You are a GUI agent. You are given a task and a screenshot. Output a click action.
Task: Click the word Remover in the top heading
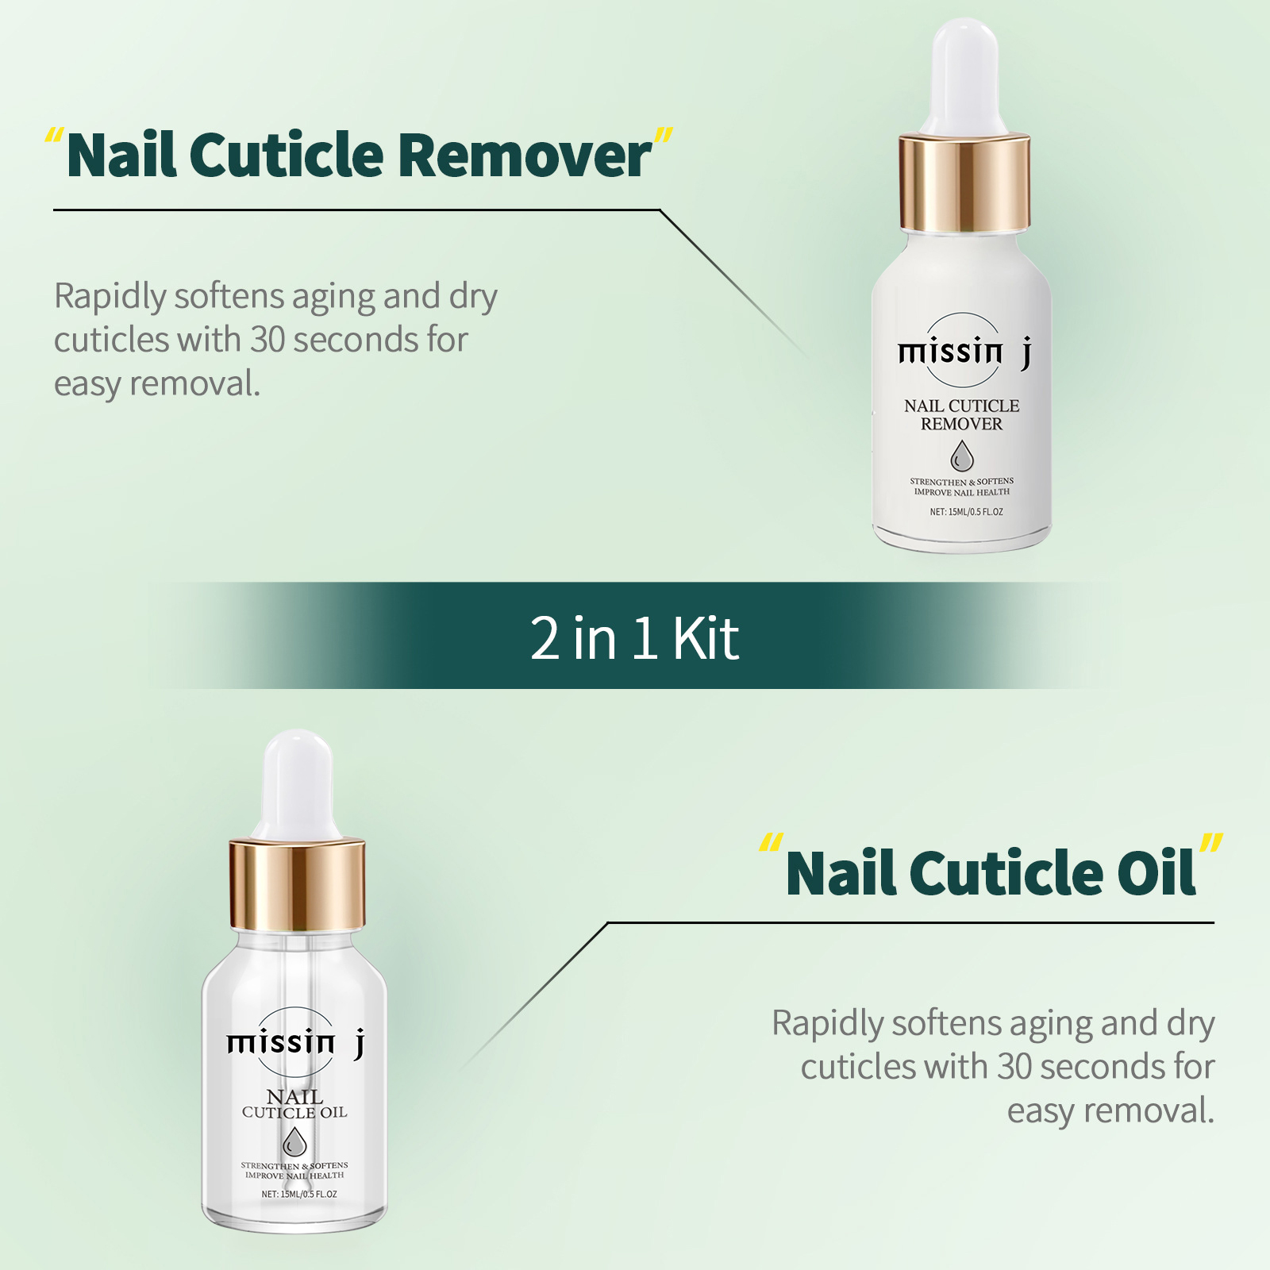524,155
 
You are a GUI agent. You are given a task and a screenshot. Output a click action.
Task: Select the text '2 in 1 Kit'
634,638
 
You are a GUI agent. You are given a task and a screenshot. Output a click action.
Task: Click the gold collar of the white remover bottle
964,183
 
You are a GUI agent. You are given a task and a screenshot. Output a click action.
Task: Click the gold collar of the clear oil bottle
297,883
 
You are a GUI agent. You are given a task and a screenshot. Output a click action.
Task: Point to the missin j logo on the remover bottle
964,351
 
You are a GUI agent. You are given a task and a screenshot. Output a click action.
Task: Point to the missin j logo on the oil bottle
295,1042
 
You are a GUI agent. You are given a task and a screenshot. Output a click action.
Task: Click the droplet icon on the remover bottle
962,457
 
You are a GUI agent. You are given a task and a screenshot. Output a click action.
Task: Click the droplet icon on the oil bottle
294,1144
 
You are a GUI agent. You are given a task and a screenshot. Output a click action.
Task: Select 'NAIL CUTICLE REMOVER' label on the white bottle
961,414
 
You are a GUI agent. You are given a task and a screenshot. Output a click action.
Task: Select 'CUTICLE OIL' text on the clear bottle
294,1113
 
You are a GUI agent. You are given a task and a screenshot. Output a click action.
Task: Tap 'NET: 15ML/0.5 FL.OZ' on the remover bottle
966,512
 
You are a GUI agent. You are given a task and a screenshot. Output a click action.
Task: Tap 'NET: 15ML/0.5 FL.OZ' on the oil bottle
299,1194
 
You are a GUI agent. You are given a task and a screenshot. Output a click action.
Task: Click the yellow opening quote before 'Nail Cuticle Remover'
54,137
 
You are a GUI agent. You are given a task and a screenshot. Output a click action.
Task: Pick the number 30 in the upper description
267,340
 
